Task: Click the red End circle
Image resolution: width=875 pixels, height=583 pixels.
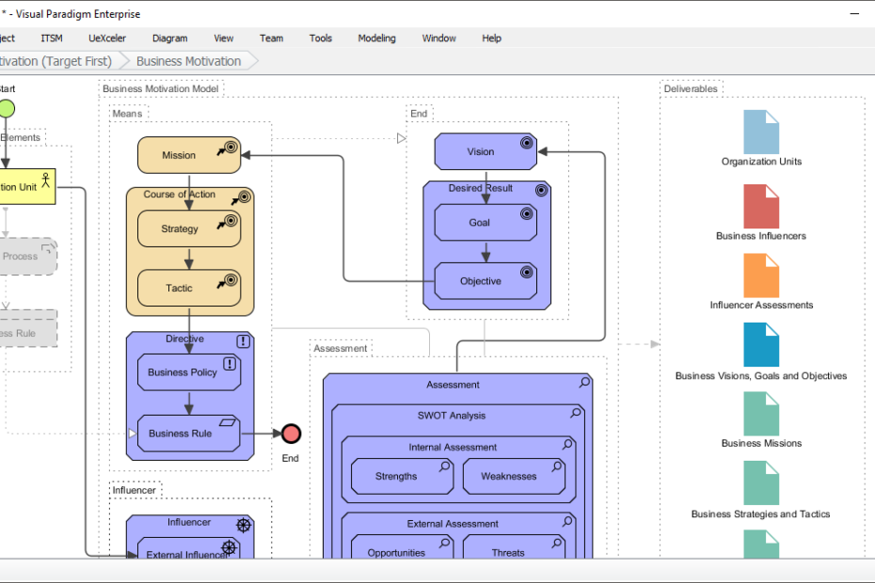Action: click(291, 433)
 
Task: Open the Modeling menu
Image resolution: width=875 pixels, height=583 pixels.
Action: click(376, 39)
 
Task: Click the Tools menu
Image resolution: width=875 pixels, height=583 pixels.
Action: click(321, 39)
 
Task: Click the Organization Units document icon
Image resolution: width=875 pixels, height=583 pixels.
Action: click(761, 133)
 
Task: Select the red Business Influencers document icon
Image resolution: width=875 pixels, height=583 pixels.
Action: click(761, 207)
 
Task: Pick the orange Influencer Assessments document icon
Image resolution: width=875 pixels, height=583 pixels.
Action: click(761, 276)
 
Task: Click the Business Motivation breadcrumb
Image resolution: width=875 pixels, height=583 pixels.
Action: click(189, 61)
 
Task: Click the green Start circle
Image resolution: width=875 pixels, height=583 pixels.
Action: click(6, 108)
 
